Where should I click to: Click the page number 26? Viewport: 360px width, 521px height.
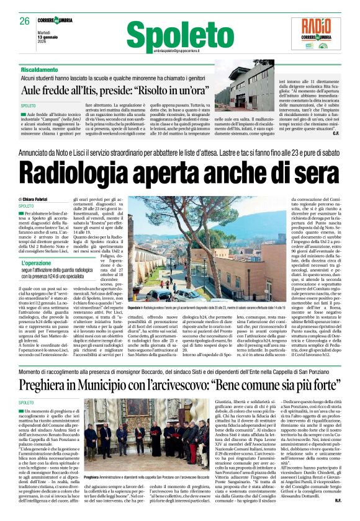pos(24,20)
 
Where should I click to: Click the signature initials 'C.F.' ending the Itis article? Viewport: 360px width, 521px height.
pos(335,133)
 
